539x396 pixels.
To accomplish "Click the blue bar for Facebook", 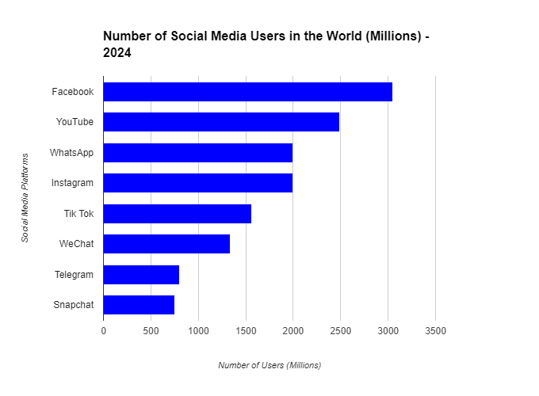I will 247,92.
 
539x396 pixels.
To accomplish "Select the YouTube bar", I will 221,122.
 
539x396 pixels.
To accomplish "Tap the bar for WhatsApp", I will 198,153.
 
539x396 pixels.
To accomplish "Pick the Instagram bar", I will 198,183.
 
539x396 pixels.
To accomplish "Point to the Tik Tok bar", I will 178,214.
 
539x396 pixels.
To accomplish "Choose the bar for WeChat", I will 166,244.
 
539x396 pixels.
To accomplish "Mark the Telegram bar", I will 141,275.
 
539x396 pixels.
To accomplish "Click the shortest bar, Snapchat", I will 139,305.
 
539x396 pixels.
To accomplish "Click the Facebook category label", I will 72,92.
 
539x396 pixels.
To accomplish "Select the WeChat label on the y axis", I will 76,244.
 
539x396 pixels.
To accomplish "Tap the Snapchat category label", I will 73,305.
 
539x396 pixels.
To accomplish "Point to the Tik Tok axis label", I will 78,214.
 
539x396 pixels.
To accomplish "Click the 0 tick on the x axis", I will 103,330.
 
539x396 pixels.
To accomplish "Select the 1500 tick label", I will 246,330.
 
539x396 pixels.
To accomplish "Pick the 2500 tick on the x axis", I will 340,330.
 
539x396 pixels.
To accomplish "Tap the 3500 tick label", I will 435,330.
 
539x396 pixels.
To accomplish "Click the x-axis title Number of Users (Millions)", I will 269,365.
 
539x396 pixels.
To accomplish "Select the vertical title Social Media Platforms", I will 25,198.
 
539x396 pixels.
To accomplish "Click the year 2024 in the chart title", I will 117,54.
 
